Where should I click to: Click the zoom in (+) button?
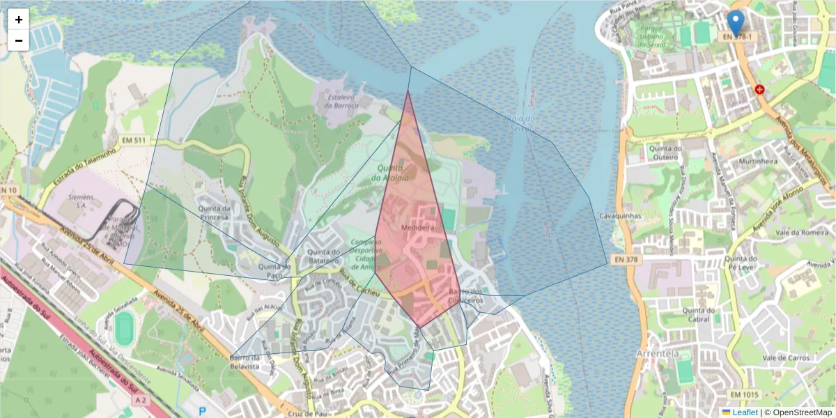pos(19,20)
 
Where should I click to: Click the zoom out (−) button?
pos(19,40)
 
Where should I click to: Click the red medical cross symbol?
pos(759,90)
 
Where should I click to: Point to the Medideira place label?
pos(418,228)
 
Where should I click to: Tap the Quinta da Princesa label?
pos(214,212)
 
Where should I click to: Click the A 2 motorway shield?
pos(141,400)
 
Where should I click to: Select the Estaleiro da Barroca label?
pos(341,102)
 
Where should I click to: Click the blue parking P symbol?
pos(203,412)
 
